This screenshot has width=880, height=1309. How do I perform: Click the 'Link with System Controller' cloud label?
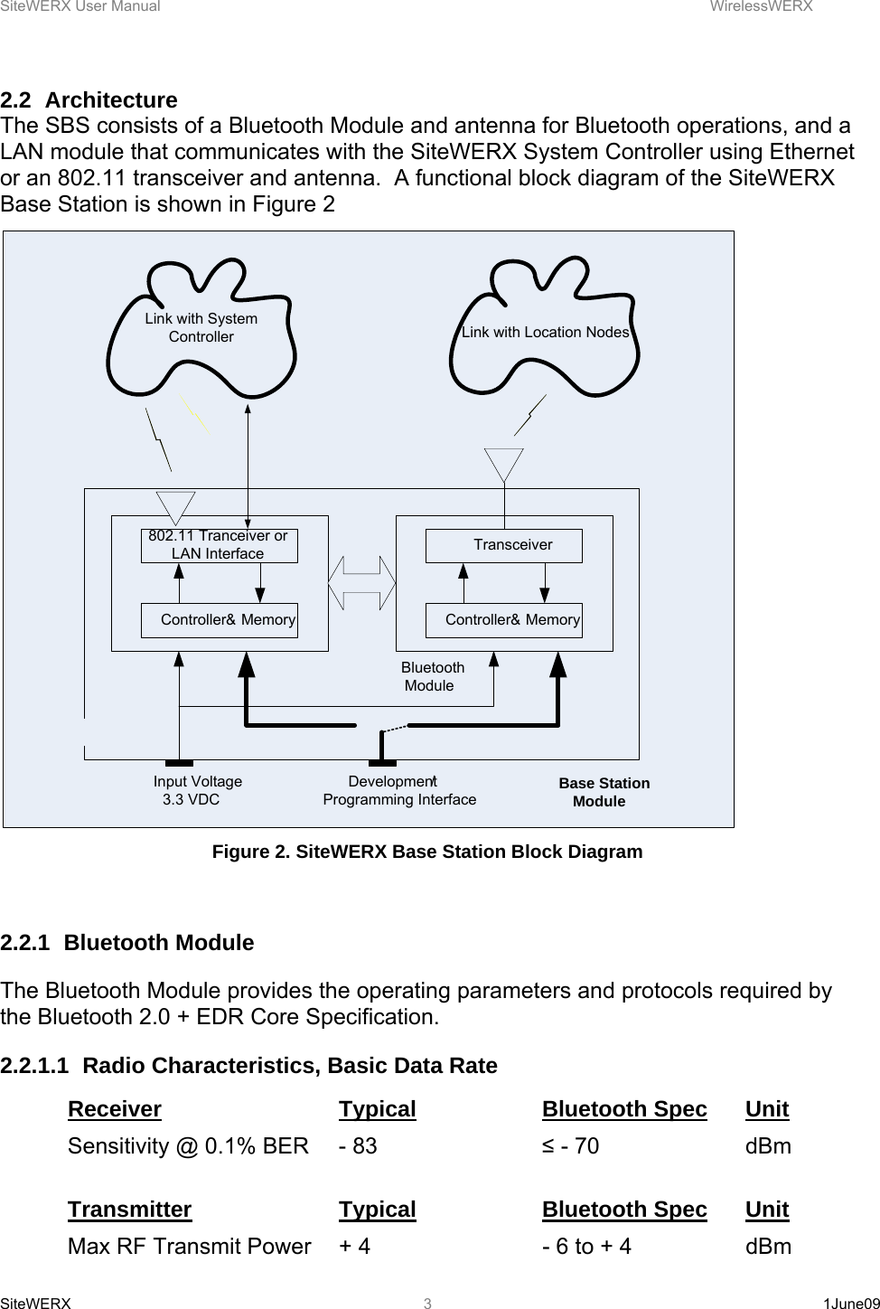[201, 327]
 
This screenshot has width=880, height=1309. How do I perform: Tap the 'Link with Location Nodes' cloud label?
[545, 332]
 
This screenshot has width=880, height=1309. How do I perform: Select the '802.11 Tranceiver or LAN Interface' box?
[219, 545]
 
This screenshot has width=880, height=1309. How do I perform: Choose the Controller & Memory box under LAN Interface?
[219, 620]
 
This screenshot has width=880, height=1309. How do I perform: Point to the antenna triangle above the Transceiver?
[504, 464]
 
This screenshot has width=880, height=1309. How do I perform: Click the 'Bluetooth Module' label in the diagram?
[432, 676]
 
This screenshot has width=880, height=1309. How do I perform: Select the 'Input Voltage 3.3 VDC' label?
[197, 790]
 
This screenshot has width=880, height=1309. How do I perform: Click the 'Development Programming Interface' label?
[399, 790]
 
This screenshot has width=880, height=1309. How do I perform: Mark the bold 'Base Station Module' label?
[603, 792]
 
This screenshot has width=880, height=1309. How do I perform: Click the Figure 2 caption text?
[426, 852]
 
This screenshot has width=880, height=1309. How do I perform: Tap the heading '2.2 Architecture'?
[89, 99]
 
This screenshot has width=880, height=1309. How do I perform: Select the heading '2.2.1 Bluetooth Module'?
[127, 943]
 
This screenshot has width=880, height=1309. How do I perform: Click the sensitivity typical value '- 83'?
[358, 1146]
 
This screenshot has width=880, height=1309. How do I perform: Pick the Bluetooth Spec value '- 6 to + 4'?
[586, 1247]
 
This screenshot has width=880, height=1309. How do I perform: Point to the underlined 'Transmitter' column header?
[129, 1210]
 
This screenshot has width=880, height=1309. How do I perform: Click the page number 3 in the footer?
[428, 1303]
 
